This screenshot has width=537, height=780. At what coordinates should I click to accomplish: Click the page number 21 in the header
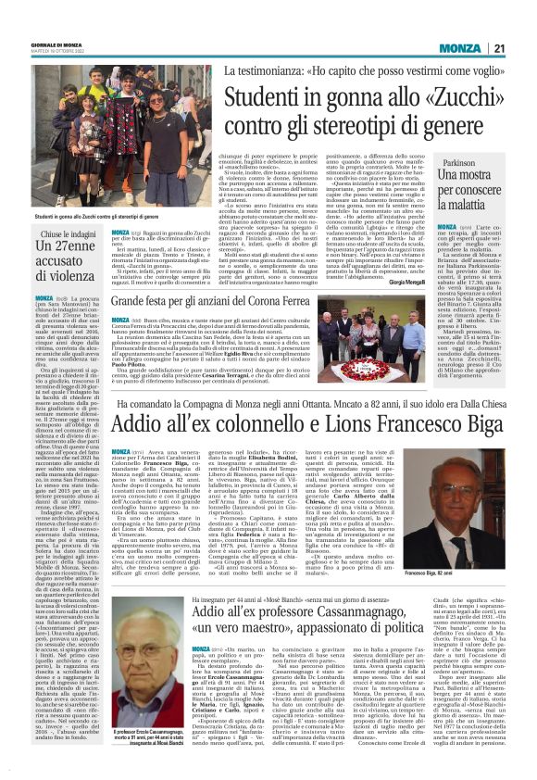coord(497,48)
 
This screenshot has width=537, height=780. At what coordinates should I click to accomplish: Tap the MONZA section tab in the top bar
coord(459,48)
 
